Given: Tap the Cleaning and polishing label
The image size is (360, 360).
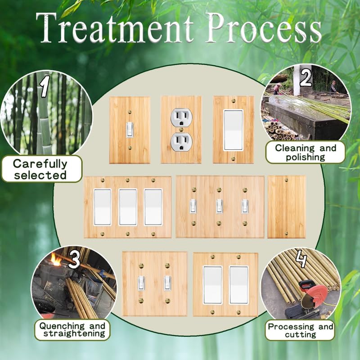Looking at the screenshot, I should coord(305,152).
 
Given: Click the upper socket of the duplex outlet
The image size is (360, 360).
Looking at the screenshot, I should coord(181,118).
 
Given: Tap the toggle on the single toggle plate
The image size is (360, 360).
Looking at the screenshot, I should coord(130,130).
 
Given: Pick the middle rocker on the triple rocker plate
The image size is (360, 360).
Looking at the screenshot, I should coord(127,207).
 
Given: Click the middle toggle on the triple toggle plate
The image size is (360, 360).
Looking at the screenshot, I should coord(219,206).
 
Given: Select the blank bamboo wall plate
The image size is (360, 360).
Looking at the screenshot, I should coord(286,207).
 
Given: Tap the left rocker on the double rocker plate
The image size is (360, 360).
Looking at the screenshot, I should coord(212,284).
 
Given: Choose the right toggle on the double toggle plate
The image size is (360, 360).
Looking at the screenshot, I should coord(167,283).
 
